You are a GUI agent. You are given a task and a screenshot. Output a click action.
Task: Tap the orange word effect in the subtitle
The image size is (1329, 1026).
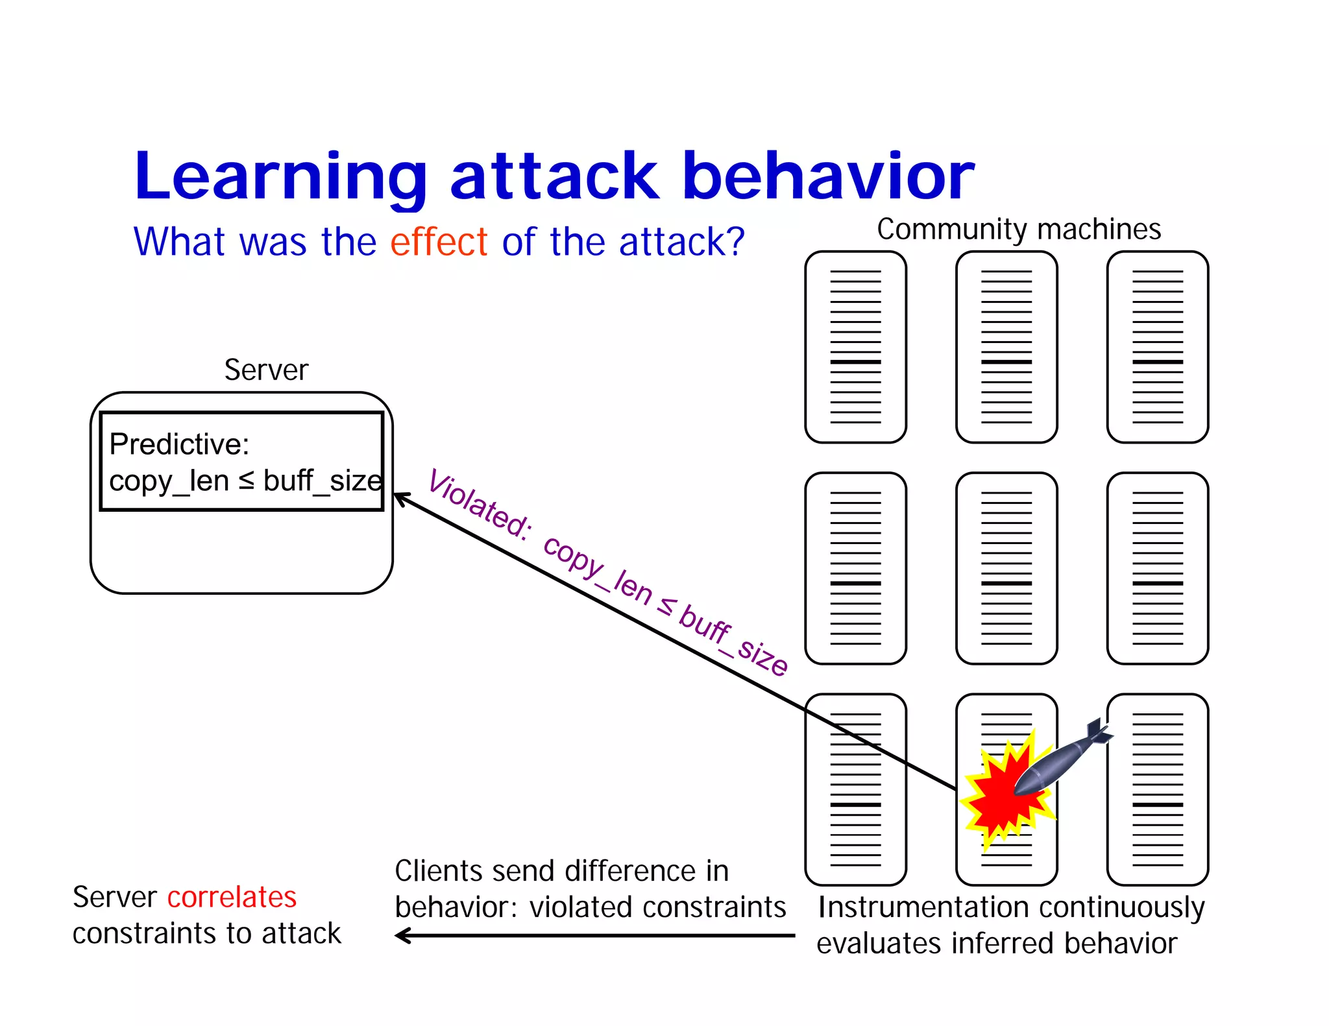click(439, 242)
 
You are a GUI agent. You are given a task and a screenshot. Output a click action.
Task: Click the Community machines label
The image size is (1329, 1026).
click(1018, 229)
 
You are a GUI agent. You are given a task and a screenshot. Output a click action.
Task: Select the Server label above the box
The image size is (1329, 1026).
click(266, 370)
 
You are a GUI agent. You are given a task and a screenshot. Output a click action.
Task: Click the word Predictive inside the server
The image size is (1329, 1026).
click(179, 444)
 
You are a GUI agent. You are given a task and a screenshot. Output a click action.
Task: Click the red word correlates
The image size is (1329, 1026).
click(232, 897)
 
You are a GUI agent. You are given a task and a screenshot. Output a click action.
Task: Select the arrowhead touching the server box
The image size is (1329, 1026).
click(400, 498)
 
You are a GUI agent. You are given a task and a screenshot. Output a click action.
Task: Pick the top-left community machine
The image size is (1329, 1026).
click(855, 347)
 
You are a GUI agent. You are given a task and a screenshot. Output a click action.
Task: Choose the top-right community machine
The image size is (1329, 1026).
click(1157, 347)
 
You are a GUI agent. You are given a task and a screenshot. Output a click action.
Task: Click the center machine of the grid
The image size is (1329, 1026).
click(1006, 568)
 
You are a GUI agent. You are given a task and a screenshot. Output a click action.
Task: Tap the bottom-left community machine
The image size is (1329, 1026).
click(855, 789)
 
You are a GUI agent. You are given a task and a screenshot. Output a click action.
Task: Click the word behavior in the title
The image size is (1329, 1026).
click(828, 176)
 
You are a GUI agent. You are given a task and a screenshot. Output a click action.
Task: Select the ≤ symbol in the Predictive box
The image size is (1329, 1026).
click(247, 481)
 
